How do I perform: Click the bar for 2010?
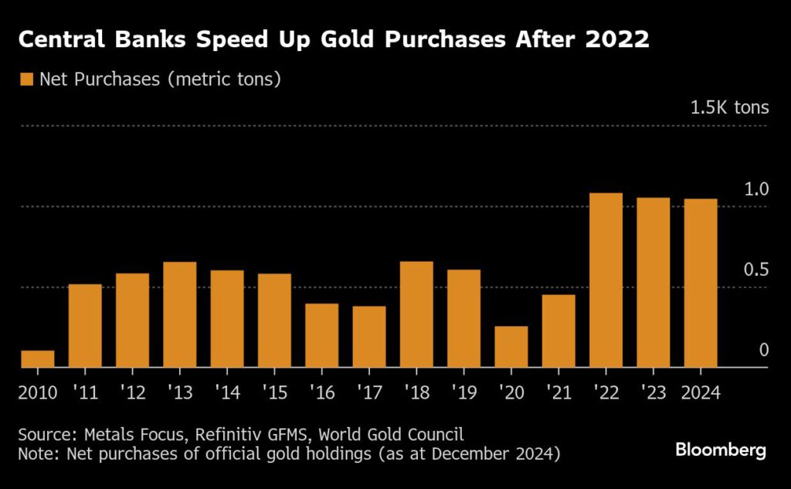point(38,359)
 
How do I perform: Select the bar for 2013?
point(180,315)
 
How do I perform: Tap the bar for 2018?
point(416,314)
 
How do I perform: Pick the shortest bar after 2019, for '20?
point(511,347)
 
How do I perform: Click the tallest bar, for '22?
point(606,280)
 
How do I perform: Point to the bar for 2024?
point(701,283)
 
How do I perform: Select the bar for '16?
point(321,335)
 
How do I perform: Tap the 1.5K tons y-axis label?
point(729,107)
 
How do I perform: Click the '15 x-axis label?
point(275,392)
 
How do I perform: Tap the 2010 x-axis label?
point(38,392)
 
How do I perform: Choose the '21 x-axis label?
point(558,392)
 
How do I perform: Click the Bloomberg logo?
point(721,450)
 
